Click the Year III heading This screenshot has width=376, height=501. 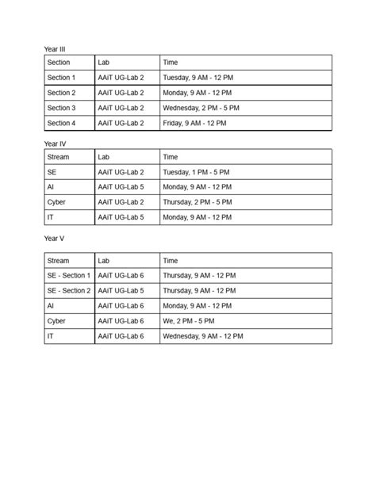point(55,49)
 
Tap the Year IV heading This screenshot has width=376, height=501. point(55,143)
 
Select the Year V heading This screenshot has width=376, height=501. point(54,238)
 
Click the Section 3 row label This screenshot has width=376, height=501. point(62,108)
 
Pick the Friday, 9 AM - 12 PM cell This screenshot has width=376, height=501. point(194,123)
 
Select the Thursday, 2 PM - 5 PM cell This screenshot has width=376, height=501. point(198,202)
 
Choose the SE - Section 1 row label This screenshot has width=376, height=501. point(69,276)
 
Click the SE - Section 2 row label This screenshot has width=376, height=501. point(69,291)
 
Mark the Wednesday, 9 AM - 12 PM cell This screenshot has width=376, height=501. point(202,337)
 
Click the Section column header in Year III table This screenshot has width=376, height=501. point(59,63)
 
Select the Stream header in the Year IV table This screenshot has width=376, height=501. point(58,157)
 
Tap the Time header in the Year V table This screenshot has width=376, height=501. point(171,261)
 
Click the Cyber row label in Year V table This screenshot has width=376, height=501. point(56,322)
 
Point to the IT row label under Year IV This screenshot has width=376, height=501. point(51,217)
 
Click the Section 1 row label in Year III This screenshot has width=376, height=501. point(62,78)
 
